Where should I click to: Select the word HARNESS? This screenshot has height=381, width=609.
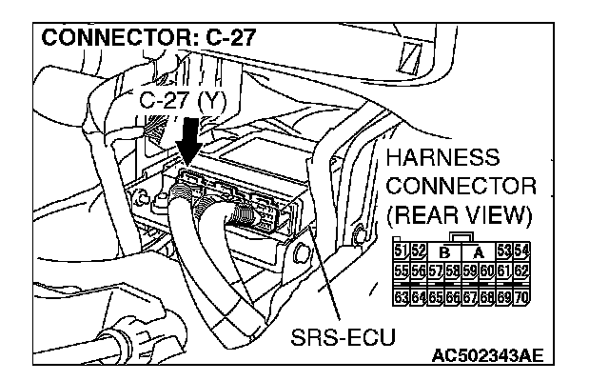pyautogui.click(x=449, y=155)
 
